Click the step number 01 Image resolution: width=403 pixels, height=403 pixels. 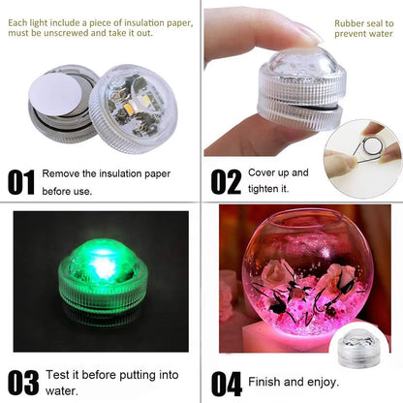(x=21, y=181)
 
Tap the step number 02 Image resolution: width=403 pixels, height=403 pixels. (x=226, y=181)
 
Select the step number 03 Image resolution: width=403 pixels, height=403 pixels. (x=23, y=381)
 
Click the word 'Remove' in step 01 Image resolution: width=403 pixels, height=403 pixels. (x=62, y=174)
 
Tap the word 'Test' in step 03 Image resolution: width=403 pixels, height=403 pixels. (x=55, y=375)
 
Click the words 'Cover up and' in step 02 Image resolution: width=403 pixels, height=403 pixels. (x=278, y=172)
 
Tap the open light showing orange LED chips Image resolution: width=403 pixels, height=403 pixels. (x=130, y=102)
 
